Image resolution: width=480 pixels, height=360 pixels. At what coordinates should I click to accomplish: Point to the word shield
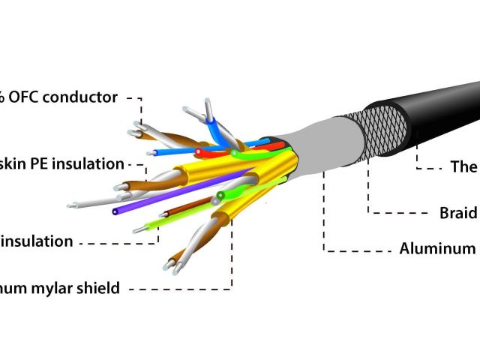tap(98, 287)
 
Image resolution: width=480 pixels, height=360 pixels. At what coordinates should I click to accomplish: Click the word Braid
tap(458, 213)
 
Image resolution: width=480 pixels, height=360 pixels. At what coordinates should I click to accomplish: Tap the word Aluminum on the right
tap(439, 248)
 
